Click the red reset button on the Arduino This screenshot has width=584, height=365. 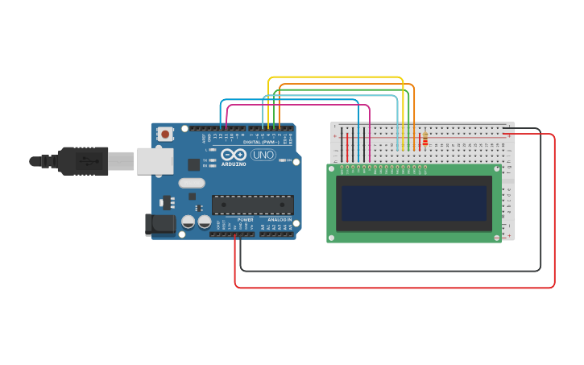(165, 134)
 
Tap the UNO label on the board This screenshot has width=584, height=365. (263, 155)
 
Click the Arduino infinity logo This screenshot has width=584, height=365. (234, 154)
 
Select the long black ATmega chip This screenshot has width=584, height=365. (252, 205)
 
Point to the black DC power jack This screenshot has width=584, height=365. (159, 224)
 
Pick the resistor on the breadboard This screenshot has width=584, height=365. (425, 141)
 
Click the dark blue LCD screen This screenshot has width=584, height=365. (414, 203)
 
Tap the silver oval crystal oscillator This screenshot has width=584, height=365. (192, 183)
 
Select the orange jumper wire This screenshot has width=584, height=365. (346, 84)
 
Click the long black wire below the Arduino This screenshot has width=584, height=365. (387, 271)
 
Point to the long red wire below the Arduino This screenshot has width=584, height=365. (387, 288)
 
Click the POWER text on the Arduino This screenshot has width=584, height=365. (245, 220)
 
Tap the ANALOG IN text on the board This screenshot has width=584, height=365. (280, 220)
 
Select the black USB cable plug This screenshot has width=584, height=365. (81, 161)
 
